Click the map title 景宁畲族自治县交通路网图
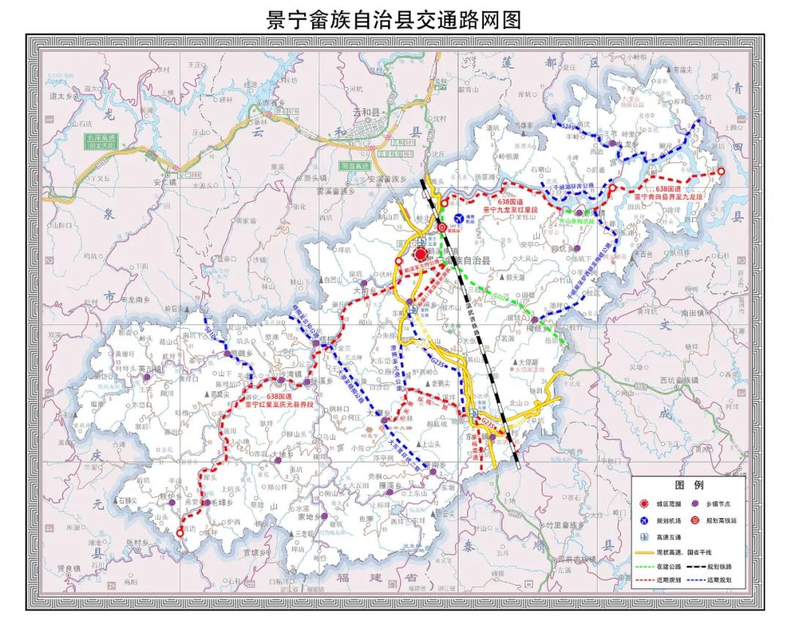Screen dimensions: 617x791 pos(395,19)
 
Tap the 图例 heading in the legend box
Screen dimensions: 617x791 pos(688,484)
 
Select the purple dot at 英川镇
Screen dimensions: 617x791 pos(147,378)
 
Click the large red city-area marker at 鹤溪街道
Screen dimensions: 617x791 pos(420,255)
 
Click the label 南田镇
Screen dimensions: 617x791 pos(692,313)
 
